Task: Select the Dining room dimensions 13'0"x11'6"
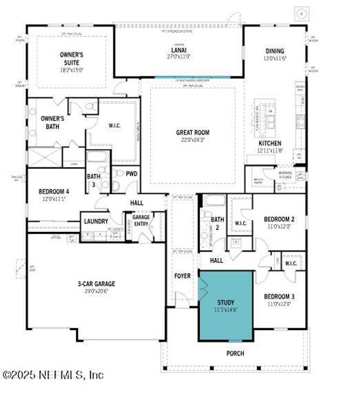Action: coord(275,58)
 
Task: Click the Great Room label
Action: coord(193,132)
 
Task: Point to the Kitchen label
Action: coord(270,143)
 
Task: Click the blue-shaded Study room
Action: coord(226,305)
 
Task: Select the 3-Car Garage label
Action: coord(96,284)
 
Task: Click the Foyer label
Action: coord(183,276)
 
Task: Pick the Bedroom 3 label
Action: coord(279,296)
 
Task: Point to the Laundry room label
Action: coord(96,221)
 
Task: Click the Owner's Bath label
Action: coord(56,122)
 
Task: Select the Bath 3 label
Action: coord(94,179)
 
